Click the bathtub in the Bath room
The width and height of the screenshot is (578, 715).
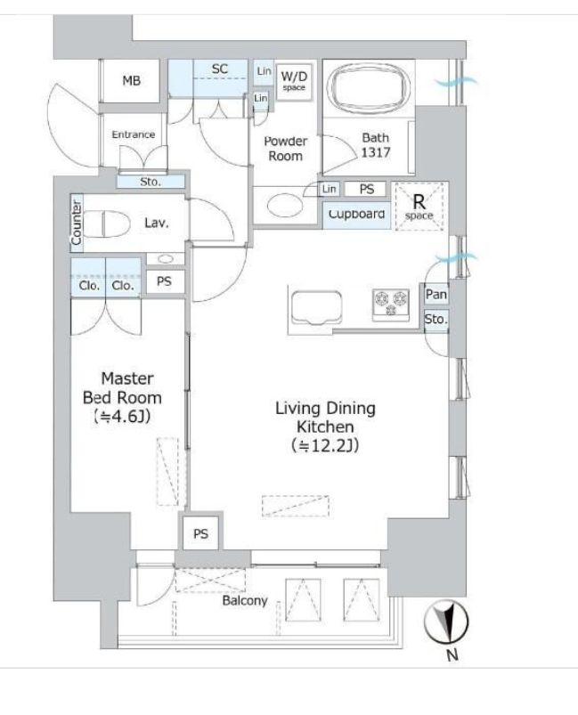[x=370, y=87]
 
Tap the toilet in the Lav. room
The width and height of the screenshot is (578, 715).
[x=107, y=223]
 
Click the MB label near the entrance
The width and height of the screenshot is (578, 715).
[x=132, y=81]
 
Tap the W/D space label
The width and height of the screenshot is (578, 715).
[x=294, y=81]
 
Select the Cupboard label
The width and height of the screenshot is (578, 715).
[x=357, y=215]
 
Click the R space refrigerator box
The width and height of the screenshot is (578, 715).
[x=419, y=206]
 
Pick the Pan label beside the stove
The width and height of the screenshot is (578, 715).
[x=436, y=295]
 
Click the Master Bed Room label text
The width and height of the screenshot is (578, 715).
[x=122, y=388]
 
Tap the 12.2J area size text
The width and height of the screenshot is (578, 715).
[x=325, y=445]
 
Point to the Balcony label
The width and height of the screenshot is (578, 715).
[x=245, y=600]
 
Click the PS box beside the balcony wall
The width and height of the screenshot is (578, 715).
[x=200, y=533]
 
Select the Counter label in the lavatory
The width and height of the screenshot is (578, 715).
[x=77, y=223]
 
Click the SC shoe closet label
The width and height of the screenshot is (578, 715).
[x=220, y=69]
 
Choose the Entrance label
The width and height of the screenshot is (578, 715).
[x=134, y=134]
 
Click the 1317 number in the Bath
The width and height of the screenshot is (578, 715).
[x=376, y=152]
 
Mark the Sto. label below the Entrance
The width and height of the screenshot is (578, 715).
[x=151, y=182]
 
